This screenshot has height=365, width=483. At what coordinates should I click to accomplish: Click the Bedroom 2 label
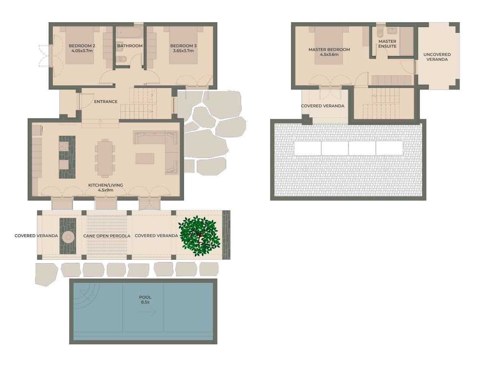82,46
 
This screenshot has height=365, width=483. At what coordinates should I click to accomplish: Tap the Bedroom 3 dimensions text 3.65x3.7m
183,51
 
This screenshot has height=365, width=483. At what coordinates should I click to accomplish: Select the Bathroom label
130,46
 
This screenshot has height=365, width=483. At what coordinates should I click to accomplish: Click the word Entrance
106,102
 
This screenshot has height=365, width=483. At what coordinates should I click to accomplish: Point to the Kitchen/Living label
106,185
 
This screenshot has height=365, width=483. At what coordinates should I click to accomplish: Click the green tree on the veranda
199,236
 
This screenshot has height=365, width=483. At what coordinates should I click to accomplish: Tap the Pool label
145,297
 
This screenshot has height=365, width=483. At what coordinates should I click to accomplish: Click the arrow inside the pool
147,312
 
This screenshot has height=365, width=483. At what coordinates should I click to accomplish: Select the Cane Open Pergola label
107,236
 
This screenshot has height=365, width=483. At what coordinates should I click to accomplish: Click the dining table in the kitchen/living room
105,158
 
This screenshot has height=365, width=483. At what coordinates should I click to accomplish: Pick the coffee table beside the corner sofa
145,158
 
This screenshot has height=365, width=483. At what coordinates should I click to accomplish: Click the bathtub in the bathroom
129,33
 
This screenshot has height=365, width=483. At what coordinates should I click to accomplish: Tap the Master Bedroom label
329,49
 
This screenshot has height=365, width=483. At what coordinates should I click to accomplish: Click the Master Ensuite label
387,44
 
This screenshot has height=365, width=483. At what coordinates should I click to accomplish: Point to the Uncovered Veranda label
437,57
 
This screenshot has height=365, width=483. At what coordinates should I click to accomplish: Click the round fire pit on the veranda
68,237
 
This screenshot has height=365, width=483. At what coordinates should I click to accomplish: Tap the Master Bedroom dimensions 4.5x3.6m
329,55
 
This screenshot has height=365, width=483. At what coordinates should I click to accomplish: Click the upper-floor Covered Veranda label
323,106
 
